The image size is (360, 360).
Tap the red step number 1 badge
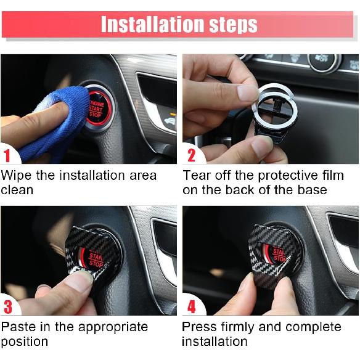point(7,155)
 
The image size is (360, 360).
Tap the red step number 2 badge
point(190,155)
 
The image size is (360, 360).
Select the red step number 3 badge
point(7,306)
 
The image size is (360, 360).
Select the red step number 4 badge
point(190,306)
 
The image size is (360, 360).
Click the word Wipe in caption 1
point(17,176)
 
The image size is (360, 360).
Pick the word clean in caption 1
point(17,190)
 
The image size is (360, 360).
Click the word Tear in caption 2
point(197,176)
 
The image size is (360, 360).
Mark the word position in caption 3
point(25,342)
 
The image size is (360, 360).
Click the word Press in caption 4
point(200,327)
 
